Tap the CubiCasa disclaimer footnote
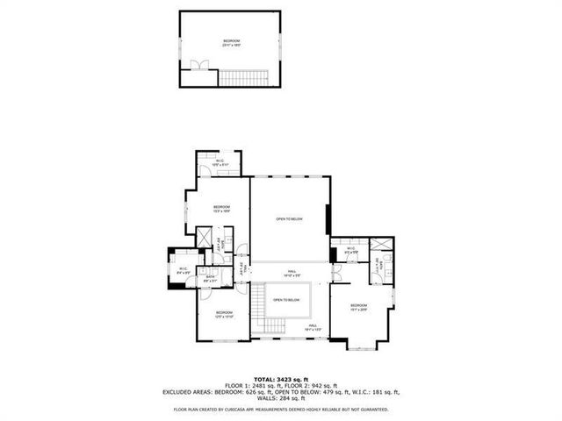pyautogui.click(x=280, y=409)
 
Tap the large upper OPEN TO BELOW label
pyautogui.click(x=289, y=219)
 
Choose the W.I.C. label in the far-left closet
pyautogui.click(x=183, y=271)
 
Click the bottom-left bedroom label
pyautogui.click(x=224, y=314)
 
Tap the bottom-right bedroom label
pyautogui.click(x=357, y=308)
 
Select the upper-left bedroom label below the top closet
pyautogui.click(x=220, y=209)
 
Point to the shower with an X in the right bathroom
pyautogui.click(x=383, y=246)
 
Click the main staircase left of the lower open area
pyautogui.click(x=258, y=306)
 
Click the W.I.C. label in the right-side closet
pyautogui.click(x=349, y=250)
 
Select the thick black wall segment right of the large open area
pyautogui.click(x=328, y=219)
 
